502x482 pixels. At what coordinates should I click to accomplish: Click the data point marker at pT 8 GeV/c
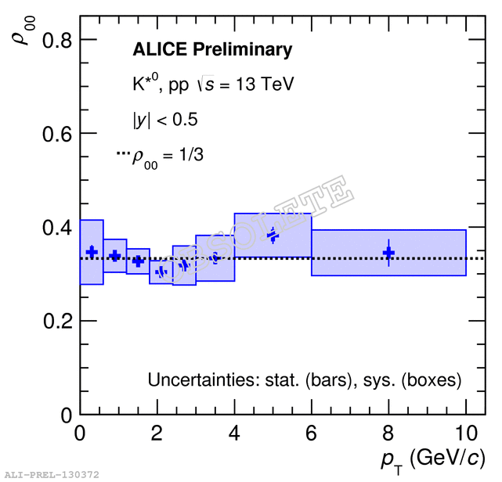[388, 253]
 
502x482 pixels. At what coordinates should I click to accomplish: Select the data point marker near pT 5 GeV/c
[273, 236]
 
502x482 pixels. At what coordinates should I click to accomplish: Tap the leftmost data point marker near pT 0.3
[92, 251]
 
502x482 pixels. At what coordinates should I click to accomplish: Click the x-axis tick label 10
[465, 433]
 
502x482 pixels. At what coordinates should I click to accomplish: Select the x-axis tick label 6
[312, 433]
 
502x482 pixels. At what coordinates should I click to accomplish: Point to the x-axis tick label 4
[234, 433]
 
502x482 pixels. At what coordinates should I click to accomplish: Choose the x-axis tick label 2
[157, 433]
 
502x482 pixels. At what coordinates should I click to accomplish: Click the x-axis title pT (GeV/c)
[430, 459]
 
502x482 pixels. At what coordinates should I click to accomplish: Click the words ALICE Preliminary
[211, 50]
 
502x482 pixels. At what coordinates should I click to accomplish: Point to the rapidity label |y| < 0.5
[164, 120]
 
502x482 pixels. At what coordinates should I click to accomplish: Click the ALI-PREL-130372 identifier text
[51, 475]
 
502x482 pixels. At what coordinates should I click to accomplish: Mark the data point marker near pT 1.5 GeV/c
[138, 261]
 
